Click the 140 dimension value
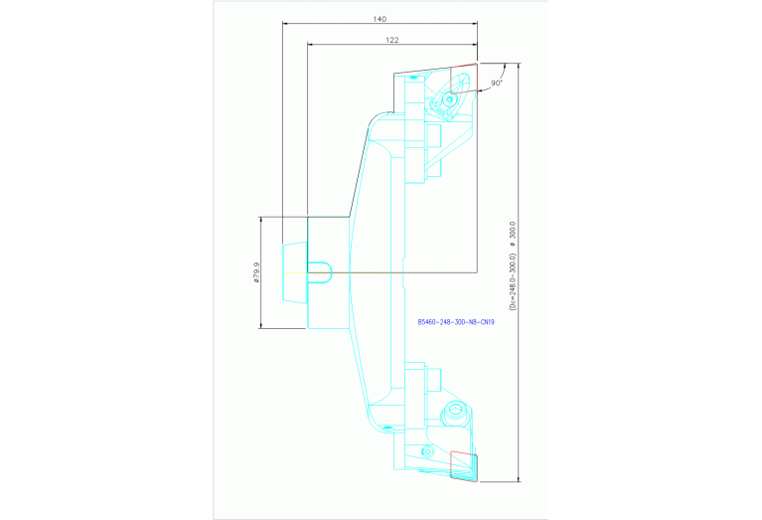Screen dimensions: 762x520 pyautogui.click(x=380, y=19)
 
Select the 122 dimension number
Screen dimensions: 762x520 pyautogui.click(x=391, y=40)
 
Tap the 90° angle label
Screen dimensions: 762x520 pyautogui.click(x=497, y=84)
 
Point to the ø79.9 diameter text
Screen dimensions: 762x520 pyautogui.click(x=256, y=272)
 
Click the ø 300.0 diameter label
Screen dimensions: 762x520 pyautogui.click(x=513, y=236)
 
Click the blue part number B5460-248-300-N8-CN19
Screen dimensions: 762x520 pyautogui.click(x=457, y=322)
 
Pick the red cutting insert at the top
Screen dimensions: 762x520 pyautogui.click(x=463, y=78)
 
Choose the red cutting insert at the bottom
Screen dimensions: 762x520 pyautogui.click(x=464, y=465)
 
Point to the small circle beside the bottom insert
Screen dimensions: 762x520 pyautogui.click(x=427, y=451)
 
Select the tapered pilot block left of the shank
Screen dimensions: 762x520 pyautogui.click(x=294, y=271)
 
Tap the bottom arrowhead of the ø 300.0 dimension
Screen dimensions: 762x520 pyautogui.click(x=519, y=478)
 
